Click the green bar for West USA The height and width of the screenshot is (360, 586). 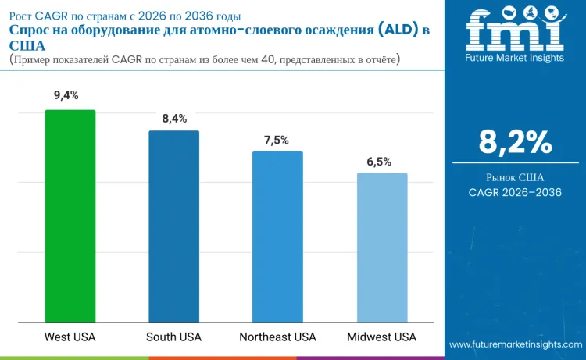70,216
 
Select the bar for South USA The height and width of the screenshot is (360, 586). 174,226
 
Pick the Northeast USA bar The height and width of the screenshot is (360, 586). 277,237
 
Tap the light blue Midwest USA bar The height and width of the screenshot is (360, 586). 382,248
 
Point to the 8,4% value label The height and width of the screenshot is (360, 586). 174,119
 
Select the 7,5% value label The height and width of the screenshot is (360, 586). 277,140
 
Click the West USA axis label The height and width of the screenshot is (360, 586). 70,337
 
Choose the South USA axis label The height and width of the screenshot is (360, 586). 173,337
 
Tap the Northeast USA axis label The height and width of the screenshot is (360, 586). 277,337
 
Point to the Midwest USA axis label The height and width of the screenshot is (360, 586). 381,337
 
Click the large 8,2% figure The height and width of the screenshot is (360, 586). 515,142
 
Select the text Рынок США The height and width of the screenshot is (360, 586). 515,177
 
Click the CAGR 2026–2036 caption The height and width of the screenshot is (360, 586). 515,192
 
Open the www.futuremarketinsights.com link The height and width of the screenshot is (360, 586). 516,344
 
